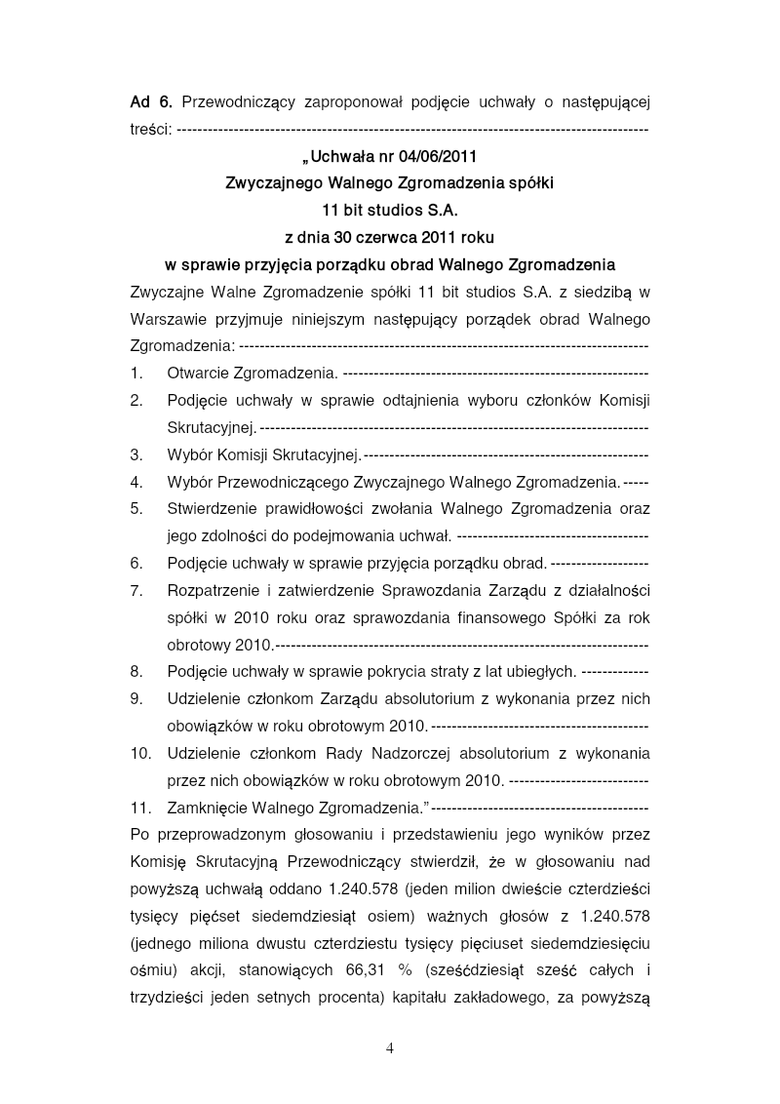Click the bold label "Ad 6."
click(x=151, y=101)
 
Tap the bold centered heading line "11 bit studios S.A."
click(x=389, y=210)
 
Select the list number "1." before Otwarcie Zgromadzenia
click(x=136, y=373)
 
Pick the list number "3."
click(x=136, y=454)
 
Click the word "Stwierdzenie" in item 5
click(x=214, y=508)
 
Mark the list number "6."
click(x=136, y=563)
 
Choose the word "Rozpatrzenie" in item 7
click(x=214, y=590)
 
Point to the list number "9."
click(x=136, y=698)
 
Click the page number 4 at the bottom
click(x=390, y=1049)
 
